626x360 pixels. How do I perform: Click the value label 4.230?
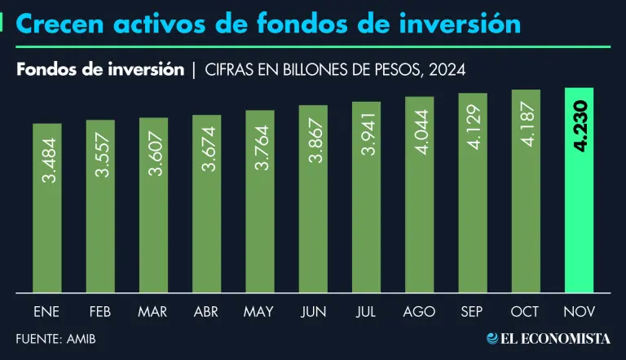(x=580, y=131)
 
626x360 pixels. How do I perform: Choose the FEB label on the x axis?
(x=99, y=312)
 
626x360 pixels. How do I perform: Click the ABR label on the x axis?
(x=206, y=312)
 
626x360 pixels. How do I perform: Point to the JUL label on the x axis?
(x=366, y=312)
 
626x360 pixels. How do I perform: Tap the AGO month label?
(x=419, y=312)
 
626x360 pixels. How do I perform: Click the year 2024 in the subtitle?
(x=448, y=70)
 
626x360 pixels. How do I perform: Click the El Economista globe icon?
(x=493, y=338)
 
